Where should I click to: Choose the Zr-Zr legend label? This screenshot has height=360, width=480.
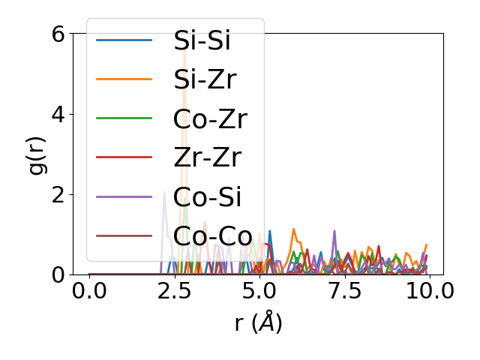pyautogui.click(x=207, y=157)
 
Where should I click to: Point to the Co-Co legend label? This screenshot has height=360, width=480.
pyautogui.click(x=213, y=235)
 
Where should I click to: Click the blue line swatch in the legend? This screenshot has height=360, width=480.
pyautogui.click(x=124, y=40)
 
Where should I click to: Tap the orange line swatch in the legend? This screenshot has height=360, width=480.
pyautogui.click(x=124, y=79)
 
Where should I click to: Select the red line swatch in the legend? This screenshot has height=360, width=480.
pyautogui.click(x=124, y=157)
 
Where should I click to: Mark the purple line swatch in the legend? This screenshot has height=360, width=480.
pyautogui.click(x=124, y=196)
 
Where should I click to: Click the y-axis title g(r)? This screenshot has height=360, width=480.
pyautogui.click(x=37, y=154)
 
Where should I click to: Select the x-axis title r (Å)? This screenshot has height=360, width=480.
pyautogui.click(x=258, y=322)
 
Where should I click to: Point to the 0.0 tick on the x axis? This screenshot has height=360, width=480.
pyautogui.click(x=89, y=290)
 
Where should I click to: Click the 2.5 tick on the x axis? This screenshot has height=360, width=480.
pyautogui.click(x=174, y=290)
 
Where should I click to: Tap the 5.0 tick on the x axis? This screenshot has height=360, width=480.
pyautogui.click(x=259, y=290)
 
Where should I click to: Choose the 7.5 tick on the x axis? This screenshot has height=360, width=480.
pyautogui.click(x=344, y=290)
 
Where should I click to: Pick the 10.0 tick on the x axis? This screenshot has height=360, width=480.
pyautogui.click(x=429, y=290)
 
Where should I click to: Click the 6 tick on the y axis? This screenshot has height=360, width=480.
pyautogui.click(x=57, y=34)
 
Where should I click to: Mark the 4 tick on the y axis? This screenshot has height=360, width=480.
pyautogui.click(x=57, y=115)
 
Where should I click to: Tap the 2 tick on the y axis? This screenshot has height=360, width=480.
pyautogui.click(x=57, y=195)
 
